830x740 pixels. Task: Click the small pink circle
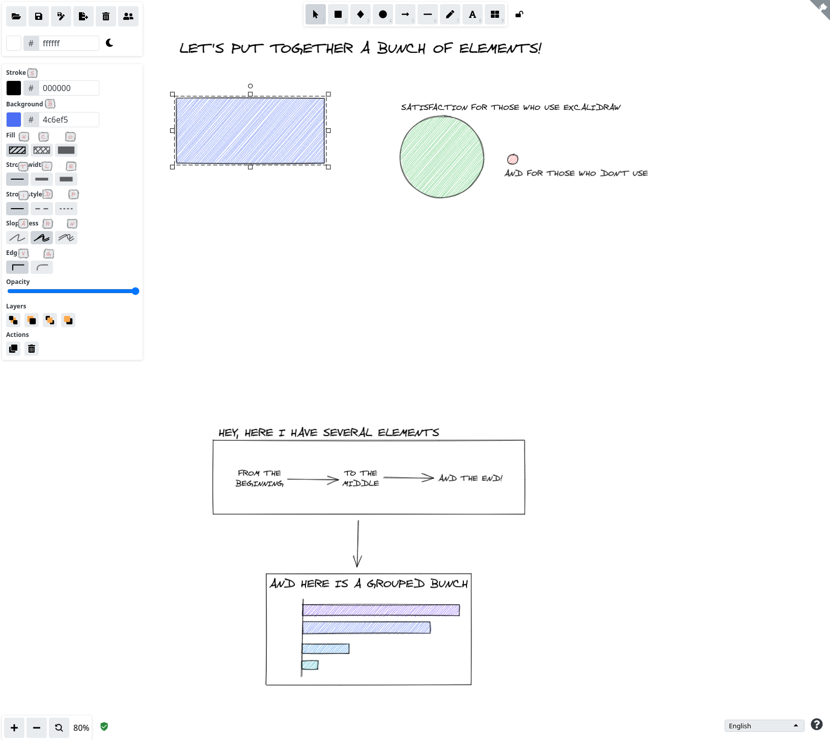(513, 159)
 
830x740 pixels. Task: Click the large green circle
(441, 157)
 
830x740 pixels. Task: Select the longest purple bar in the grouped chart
(381, 610)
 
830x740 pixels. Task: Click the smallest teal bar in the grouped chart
(310, 665)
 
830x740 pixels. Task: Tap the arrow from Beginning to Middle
(313, 479)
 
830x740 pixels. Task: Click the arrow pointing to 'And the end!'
(408, 477)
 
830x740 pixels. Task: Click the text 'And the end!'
(471, 478)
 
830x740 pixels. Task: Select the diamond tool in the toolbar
(361, 14)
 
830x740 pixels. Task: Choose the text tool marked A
(473, 14)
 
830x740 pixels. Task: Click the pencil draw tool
(450, 14)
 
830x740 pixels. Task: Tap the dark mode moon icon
(109, 43)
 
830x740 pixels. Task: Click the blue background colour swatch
(14, 120)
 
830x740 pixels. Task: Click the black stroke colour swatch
(14, 88)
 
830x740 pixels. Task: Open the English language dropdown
(764, 726)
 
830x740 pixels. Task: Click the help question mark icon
(817, 724)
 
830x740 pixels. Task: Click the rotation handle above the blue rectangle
(250, 86)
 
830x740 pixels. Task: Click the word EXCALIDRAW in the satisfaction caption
(592, 107)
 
